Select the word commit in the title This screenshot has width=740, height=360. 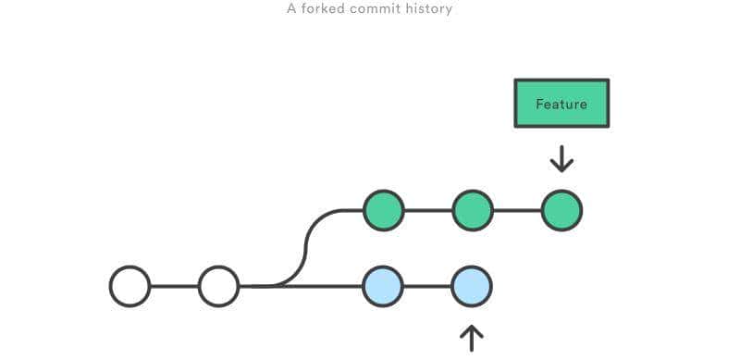click(376, 9)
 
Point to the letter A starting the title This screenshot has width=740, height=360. click(291, 9)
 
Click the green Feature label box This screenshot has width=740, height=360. click(561, 104)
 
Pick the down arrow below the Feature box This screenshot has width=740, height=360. click(561, 158)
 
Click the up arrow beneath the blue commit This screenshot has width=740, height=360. click(472, 338)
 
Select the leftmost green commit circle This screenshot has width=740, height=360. click(383, 210)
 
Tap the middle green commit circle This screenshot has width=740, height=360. click(473, 210)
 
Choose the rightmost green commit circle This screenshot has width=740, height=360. click(561, 210)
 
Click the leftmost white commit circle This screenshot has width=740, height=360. click(129, 286)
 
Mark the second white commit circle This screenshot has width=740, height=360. click(219, 286)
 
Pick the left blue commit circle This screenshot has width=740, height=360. click(383, 286)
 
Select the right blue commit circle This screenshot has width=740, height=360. click(472, 286)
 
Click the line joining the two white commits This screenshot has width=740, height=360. click(174, 286)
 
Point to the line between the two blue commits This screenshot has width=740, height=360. click(427, 286)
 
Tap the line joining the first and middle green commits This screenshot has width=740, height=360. click(427, 210)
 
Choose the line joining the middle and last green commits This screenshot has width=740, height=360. click(517, 210)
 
